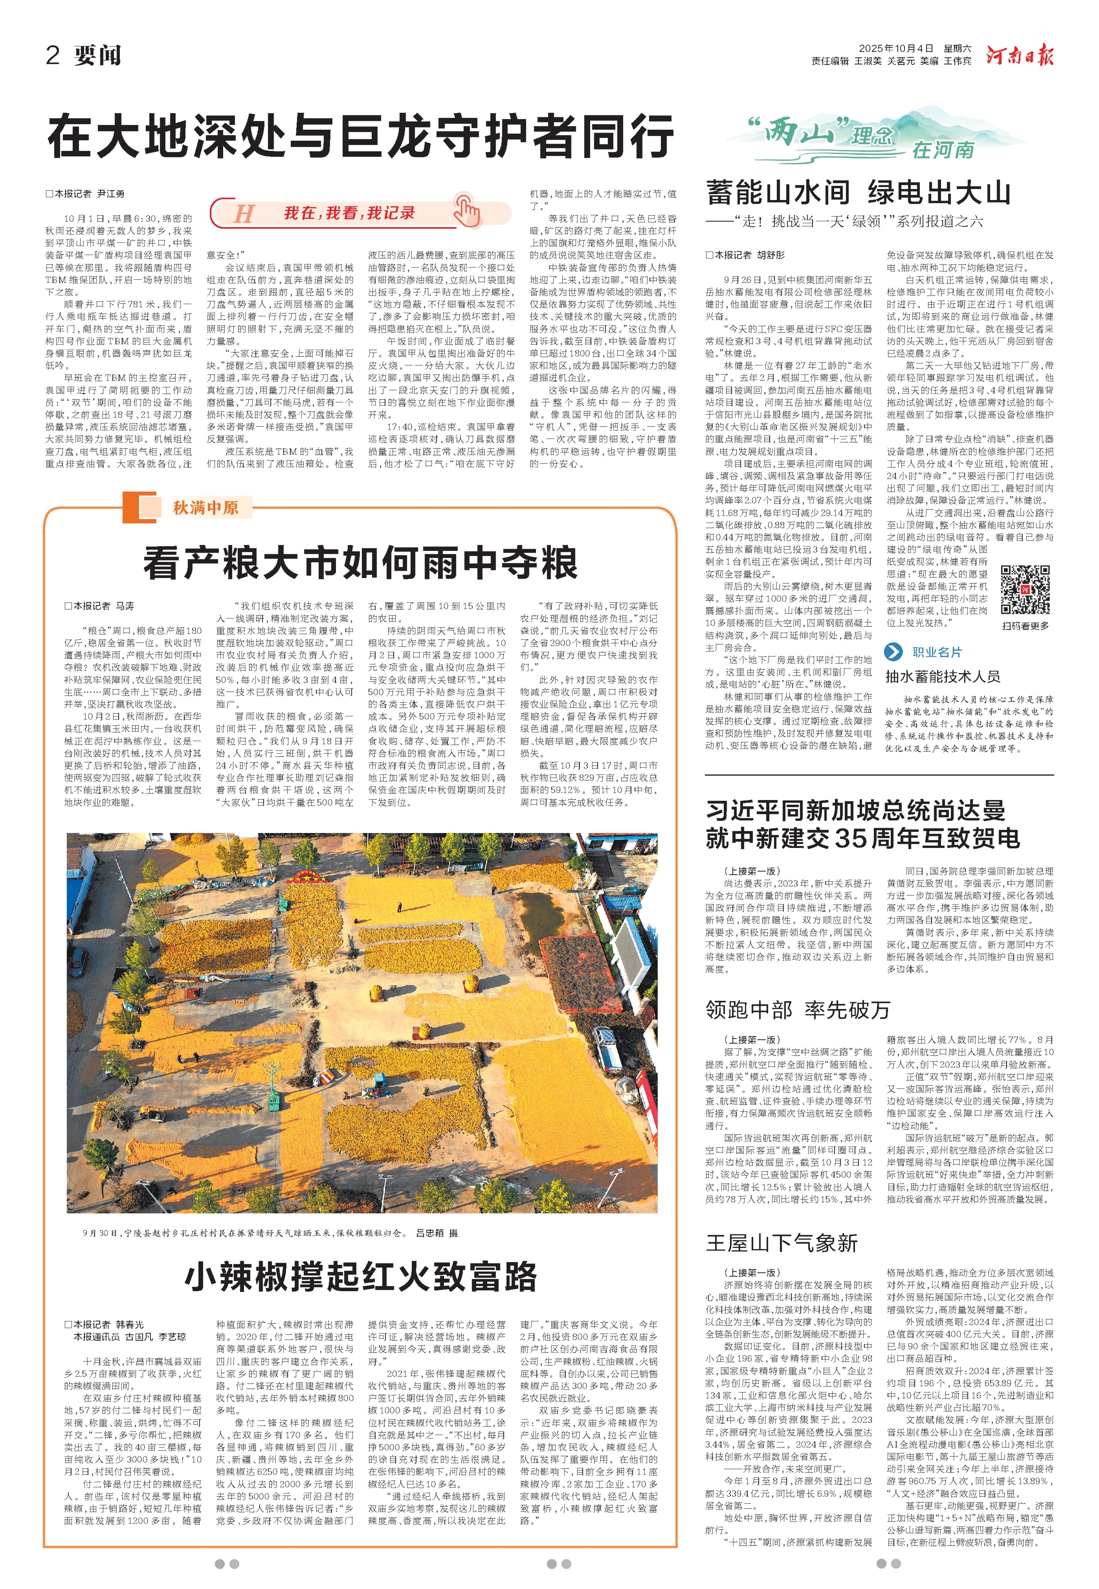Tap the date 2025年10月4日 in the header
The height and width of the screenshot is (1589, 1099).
[x=895, y=48]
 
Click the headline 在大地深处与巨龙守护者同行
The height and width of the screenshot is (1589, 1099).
[x=360, y=136]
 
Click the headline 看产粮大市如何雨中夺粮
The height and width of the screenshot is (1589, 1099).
[x=360, y=563]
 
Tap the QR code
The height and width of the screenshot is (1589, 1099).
[x=1025, y=589]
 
